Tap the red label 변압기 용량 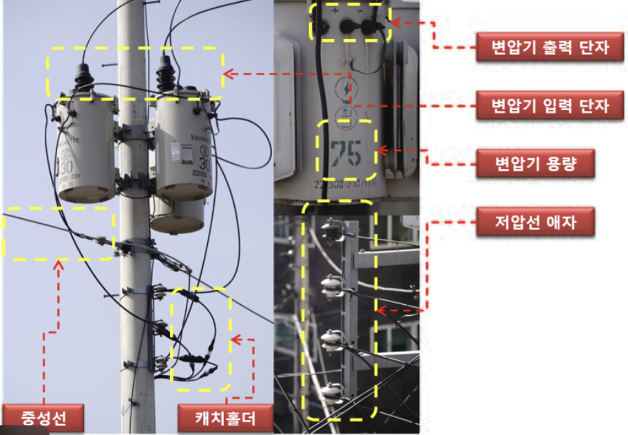535,165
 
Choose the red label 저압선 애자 535,223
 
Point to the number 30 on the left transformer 66,167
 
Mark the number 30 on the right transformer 205,165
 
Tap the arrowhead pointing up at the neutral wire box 59,263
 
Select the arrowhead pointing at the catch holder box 234,339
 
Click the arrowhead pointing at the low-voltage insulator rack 381,310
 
